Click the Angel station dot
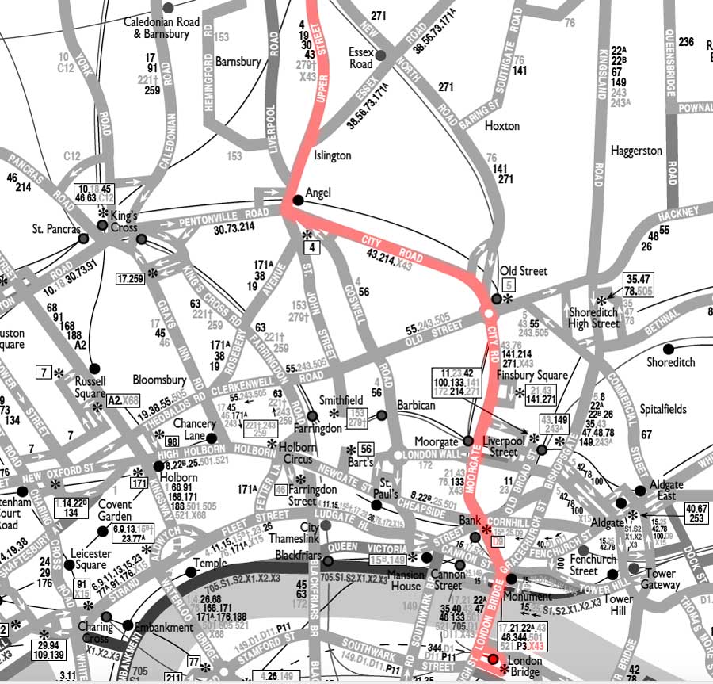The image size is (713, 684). (298, 201)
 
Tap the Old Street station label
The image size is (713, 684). (524, 271)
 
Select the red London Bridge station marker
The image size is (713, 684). (493, 659)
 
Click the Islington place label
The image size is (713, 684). (332, 155)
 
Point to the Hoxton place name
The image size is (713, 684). (501, 126)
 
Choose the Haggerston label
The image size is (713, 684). (636, 151)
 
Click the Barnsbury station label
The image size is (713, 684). (238, 61)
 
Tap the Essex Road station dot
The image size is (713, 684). (380, 55)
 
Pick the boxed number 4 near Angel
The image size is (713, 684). (313, 248)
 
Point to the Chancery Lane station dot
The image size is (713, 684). (211, 437)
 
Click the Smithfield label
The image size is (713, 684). (341, 400)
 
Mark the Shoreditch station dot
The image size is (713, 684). (669, 349)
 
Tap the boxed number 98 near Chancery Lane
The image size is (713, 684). (171, 441)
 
